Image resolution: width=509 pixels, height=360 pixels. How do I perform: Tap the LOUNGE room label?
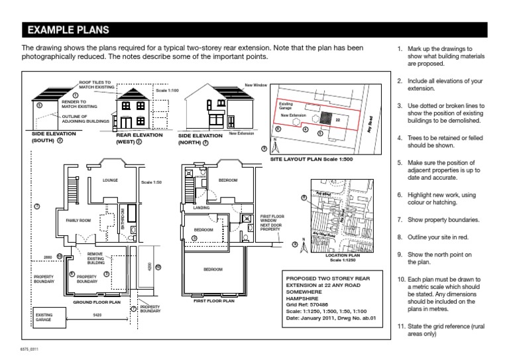click(110, 180)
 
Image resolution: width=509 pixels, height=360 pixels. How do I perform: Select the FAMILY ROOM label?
click(77, 219)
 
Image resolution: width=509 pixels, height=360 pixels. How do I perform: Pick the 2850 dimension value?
click(48, 255)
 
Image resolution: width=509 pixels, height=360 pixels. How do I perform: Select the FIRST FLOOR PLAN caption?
click(213, 300)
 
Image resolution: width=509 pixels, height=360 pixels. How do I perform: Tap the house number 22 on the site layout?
click(337, 120)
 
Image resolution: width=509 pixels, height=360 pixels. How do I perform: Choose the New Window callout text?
click(255, 86)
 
